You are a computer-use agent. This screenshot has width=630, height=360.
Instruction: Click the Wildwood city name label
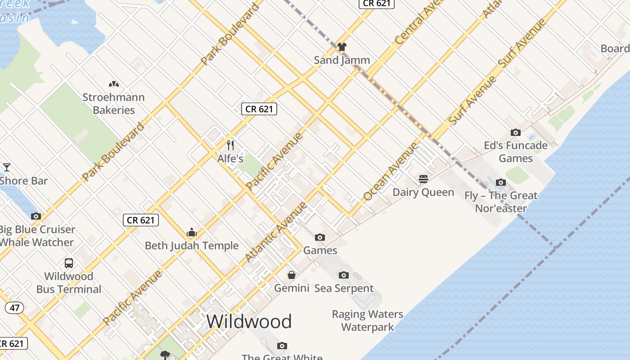pos(249,321)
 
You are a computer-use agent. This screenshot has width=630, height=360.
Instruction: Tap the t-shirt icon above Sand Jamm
pos(342,46)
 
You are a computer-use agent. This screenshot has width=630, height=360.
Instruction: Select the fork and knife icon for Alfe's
pos(230,145)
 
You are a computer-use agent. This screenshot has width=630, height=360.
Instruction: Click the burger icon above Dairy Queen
pos(423,179)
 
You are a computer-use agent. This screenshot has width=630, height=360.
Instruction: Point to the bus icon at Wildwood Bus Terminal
pos(69,263)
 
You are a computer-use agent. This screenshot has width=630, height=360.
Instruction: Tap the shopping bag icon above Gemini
pos(292,274)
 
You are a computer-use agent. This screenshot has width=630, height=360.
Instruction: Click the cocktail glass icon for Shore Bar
pos(7,167)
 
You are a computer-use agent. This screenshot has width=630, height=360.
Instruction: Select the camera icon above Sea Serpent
pos(343,275)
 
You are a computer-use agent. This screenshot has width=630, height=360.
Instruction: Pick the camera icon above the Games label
pos(319,237)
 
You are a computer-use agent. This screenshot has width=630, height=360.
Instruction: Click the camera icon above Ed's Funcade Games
pos(516,132)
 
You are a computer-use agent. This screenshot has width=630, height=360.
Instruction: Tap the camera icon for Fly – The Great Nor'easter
pos(500,182)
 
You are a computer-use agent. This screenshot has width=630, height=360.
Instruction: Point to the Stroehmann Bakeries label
pos(113,103)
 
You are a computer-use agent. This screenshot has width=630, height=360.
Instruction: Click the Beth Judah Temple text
pos(192,246)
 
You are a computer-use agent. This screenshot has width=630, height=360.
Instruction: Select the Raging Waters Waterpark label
pos(368,320)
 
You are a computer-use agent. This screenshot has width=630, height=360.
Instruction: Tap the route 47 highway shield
pos(15,308)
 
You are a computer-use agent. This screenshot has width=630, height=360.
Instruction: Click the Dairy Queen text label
pos(423,192)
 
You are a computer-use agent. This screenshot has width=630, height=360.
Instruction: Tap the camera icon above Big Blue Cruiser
pos(36,216)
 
